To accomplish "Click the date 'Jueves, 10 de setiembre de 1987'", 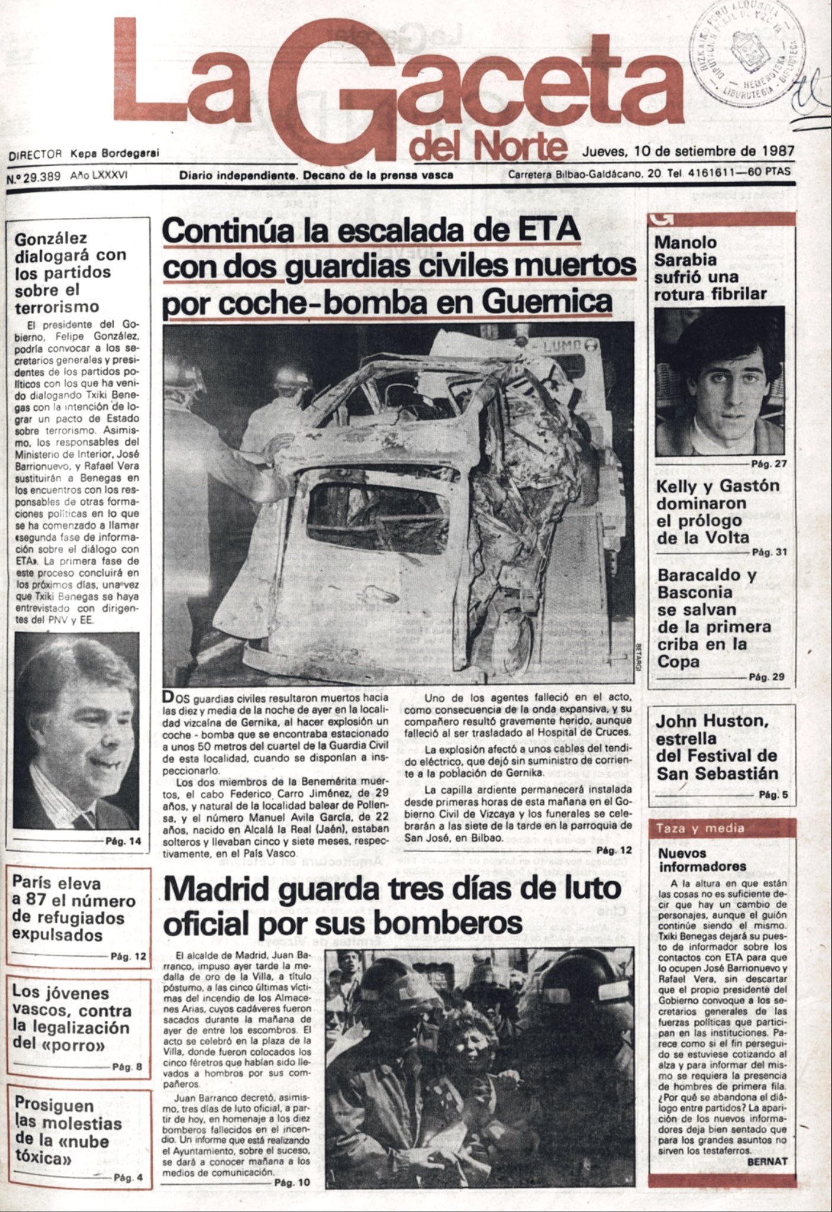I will click(688, 151).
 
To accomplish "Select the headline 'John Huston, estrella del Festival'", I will click(716, 747).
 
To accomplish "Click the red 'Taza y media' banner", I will click(722, 829).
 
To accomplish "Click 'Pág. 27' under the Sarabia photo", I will click(768, 463).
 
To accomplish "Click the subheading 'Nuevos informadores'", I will click(702, 860).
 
